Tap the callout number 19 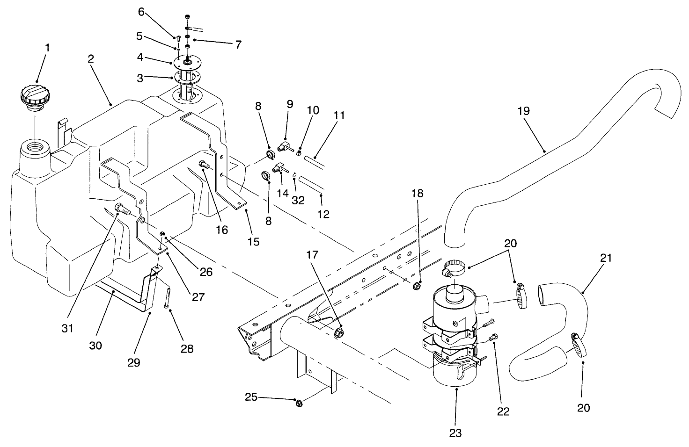coord(524,111)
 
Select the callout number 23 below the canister coord(455,433)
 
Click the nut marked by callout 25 coord(299,403)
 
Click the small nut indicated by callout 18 coord(416,286)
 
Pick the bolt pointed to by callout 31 coord(120,210)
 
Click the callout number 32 coord(298,200)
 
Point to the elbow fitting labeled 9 coord(285,145)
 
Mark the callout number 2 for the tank coord(90,59)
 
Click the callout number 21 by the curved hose coord(606,258)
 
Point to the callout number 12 coord(323,214)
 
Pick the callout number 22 coord(504,411)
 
